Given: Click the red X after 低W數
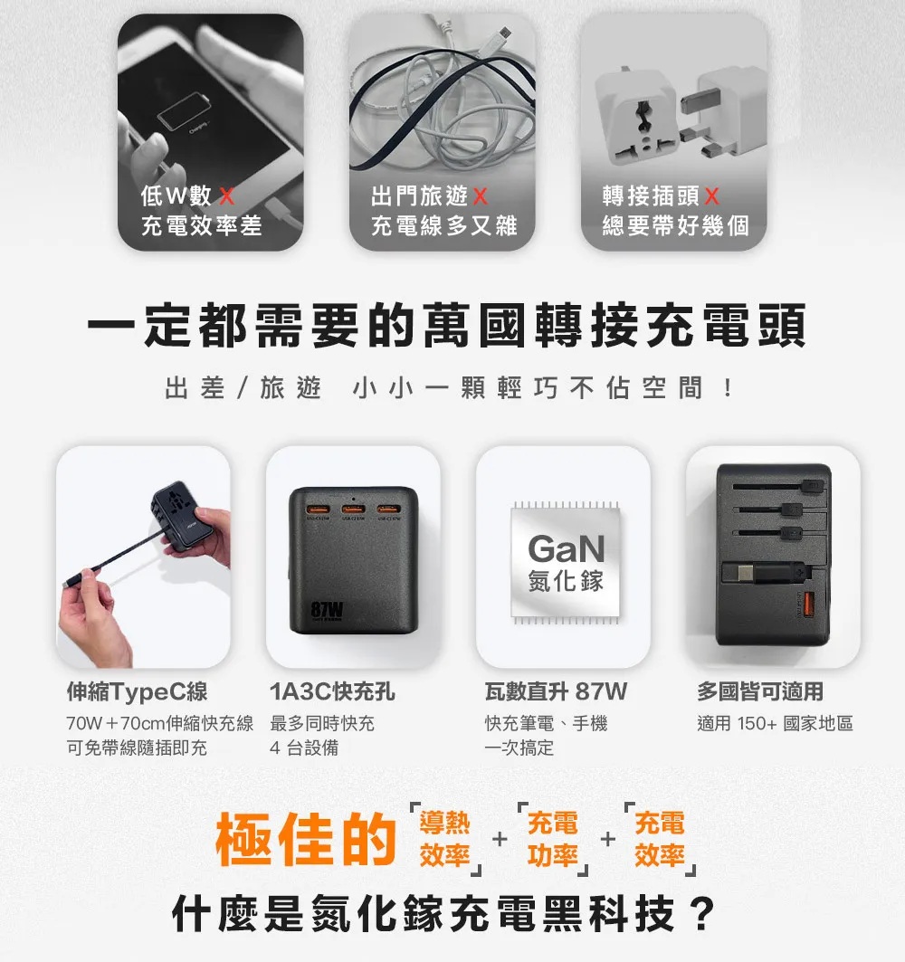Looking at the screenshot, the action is [x=226, y=195].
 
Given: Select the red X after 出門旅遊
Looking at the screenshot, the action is [x=480, y=196].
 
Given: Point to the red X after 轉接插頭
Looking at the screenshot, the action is [x=711, y=195].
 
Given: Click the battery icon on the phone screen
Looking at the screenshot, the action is [x=184, y=111].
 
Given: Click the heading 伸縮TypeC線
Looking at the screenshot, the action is [x=138, y=691].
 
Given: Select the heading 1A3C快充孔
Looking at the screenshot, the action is [x=332, y=691].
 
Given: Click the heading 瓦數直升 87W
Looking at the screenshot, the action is [x=556, y=691].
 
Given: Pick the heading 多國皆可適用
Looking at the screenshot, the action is [x=759, y=691].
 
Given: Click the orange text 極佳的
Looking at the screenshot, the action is [x=306, y=839].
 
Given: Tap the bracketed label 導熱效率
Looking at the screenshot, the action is [x=445, y=839].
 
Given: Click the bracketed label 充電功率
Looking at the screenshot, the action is [x=553, y=839].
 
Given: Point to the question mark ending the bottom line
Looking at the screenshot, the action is [x=702, y=913].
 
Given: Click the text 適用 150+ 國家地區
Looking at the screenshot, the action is [x=775, y=723].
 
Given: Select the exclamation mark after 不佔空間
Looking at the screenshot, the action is [x=727, y=388].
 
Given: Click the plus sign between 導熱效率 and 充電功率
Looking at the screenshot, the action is [x=500, y=839].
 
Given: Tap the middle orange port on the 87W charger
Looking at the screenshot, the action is [x=354, y=510].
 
